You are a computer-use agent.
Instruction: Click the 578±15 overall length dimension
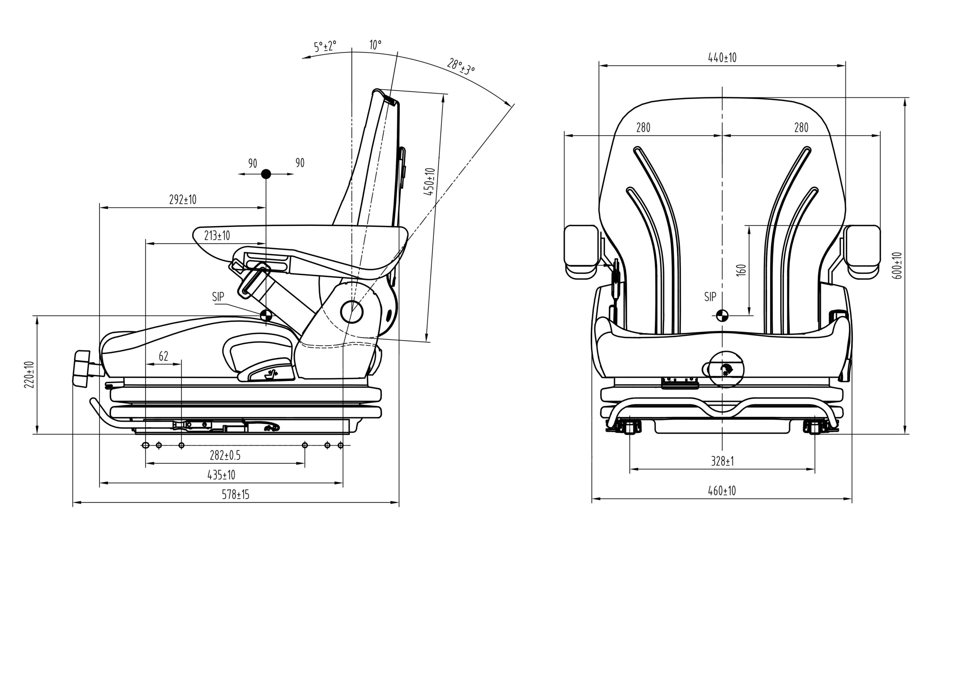235,494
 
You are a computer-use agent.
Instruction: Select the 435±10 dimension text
221,475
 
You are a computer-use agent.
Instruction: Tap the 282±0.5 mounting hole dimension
225,455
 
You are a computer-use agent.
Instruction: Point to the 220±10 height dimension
29,375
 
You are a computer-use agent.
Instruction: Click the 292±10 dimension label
183,199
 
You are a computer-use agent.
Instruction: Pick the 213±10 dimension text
217,235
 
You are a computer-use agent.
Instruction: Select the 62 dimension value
163,356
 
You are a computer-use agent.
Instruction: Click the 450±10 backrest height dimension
429,181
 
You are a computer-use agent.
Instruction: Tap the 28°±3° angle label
461,66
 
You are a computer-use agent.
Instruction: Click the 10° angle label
375,44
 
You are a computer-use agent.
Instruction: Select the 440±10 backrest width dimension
722,58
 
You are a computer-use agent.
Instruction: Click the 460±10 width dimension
722,491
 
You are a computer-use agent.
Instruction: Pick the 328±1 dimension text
722,461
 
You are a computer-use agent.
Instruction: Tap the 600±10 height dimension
897,265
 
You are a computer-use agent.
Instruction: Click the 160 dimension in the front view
741,270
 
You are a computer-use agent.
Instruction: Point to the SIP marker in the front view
722,315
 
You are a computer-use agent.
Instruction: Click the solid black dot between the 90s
266,173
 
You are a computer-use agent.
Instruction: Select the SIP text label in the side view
218,297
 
